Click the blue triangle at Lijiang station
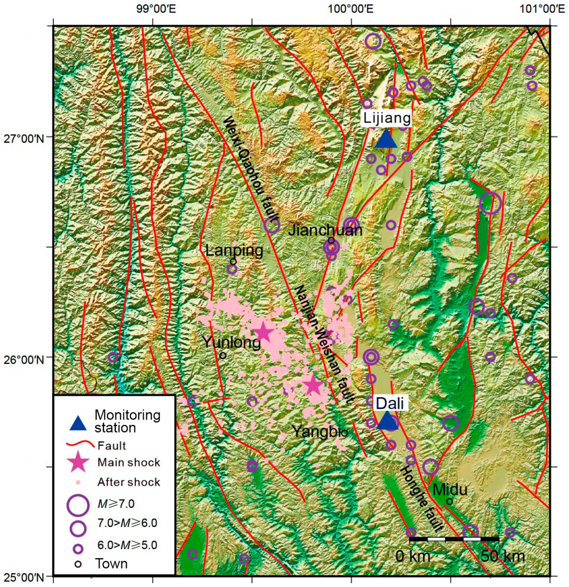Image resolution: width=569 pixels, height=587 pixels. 386,139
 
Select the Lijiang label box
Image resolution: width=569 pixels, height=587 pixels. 387,118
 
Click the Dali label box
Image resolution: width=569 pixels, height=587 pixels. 390,403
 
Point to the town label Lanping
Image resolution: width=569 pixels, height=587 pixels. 234,250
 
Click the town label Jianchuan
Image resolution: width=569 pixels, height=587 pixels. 325,230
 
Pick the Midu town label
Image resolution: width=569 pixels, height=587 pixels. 450,490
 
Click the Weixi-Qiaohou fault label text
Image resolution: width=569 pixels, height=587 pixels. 251,170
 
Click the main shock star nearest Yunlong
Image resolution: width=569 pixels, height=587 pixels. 263,332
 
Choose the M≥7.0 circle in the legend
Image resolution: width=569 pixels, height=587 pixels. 77,504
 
